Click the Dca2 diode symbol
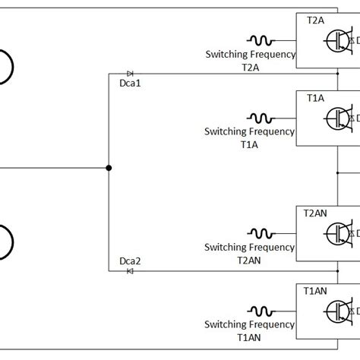coord(130,271)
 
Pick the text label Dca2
coord(130,261)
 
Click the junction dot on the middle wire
coord(108,168)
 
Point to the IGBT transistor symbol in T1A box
coord(337,118)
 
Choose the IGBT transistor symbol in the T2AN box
coord(337,232)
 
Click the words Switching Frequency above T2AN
coord(249,248)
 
